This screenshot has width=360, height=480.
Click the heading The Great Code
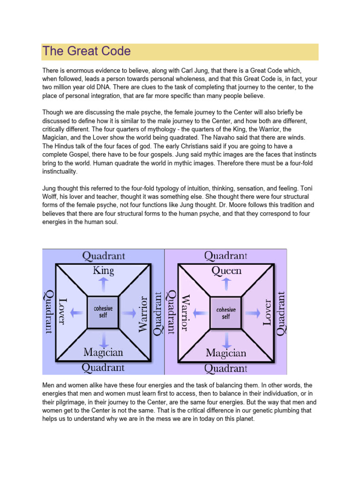coord(86,51)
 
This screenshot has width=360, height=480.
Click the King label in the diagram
coord(104,270)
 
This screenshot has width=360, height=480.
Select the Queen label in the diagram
coord(226,270)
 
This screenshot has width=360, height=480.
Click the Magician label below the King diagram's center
coord(104,352)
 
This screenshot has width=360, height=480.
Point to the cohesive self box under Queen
coord(226,313)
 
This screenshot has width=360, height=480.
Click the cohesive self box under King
coord(103,312)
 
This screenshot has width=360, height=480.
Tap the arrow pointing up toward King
coord(104,284)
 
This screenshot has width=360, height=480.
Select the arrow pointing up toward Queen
coord(226,284)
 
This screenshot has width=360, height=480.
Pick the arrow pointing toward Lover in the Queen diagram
coord(254,311)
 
